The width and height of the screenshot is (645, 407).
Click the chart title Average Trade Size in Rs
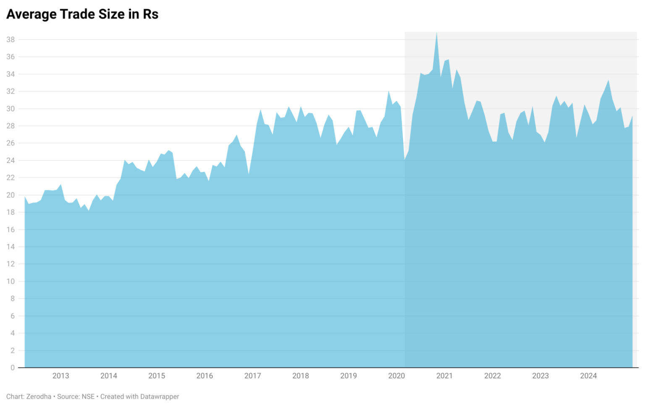82,14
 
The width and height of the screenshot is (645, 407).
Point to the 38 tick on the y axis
10,39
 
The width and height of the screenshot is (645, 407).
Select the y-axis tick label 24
10,160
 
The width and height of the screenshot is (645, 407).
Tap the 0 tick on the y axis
13,368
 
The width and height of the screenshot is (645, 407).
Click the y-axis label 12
10,264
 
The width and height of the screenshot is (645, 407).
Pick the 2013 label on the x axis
60,376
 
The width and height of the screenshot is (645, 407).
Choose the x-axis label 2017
252,376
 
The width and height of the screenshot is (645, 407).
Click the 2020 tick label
396,376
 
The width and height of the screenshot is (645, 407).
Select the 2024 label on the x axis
588,376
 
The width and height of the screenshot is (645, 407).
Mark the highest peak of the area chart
437,33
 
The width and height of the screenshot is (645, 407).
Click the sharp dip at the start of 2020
405,160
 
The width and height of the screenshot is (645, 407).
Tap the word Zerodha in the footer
39,396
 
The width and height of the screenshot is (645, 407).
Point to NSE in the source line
88,396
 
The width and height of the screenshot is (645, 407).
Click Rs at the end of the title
150,14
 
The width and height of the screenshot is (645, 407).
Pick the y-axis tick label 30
10,109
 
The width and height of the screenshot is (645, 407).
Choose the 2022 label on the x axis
493,376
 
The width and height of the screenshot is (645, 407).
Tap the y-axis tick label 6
13,316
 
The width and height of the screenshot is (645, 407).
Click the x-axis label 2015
157,376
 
